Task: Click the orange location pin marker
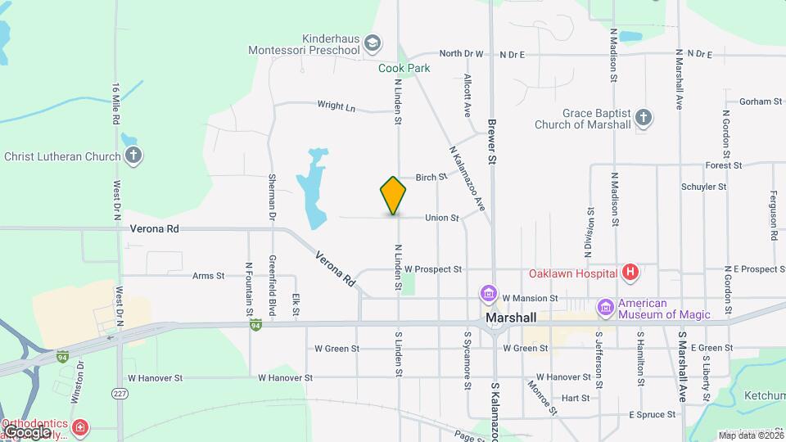tap(394, 195)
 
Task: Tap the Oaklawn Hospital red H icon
tap(630, 273)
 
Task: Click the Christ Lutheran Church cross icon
tap(133, 156)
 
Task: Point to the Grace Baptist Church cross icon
tap(644, 118)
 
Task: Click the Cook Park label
tap(404, 69)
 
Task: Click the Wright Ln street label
tap(337, 106)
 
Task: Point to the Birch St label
tap(431, 177)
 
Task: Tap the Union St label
tap(441, 218)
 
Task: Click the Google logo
tap(26, 431)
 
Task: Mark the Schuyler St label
tap(703, 187)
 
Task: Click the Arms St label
tap(208, 276)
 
